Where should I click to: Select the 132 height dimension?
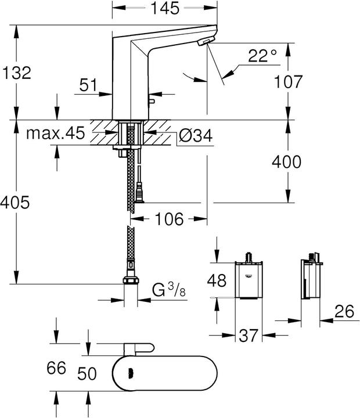click(17, 73)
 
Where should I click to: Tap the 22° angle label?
click(263, 56)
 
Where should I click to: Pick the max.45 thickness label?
click(55, 134)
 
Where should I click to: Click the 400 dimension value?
click(286, 162)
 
